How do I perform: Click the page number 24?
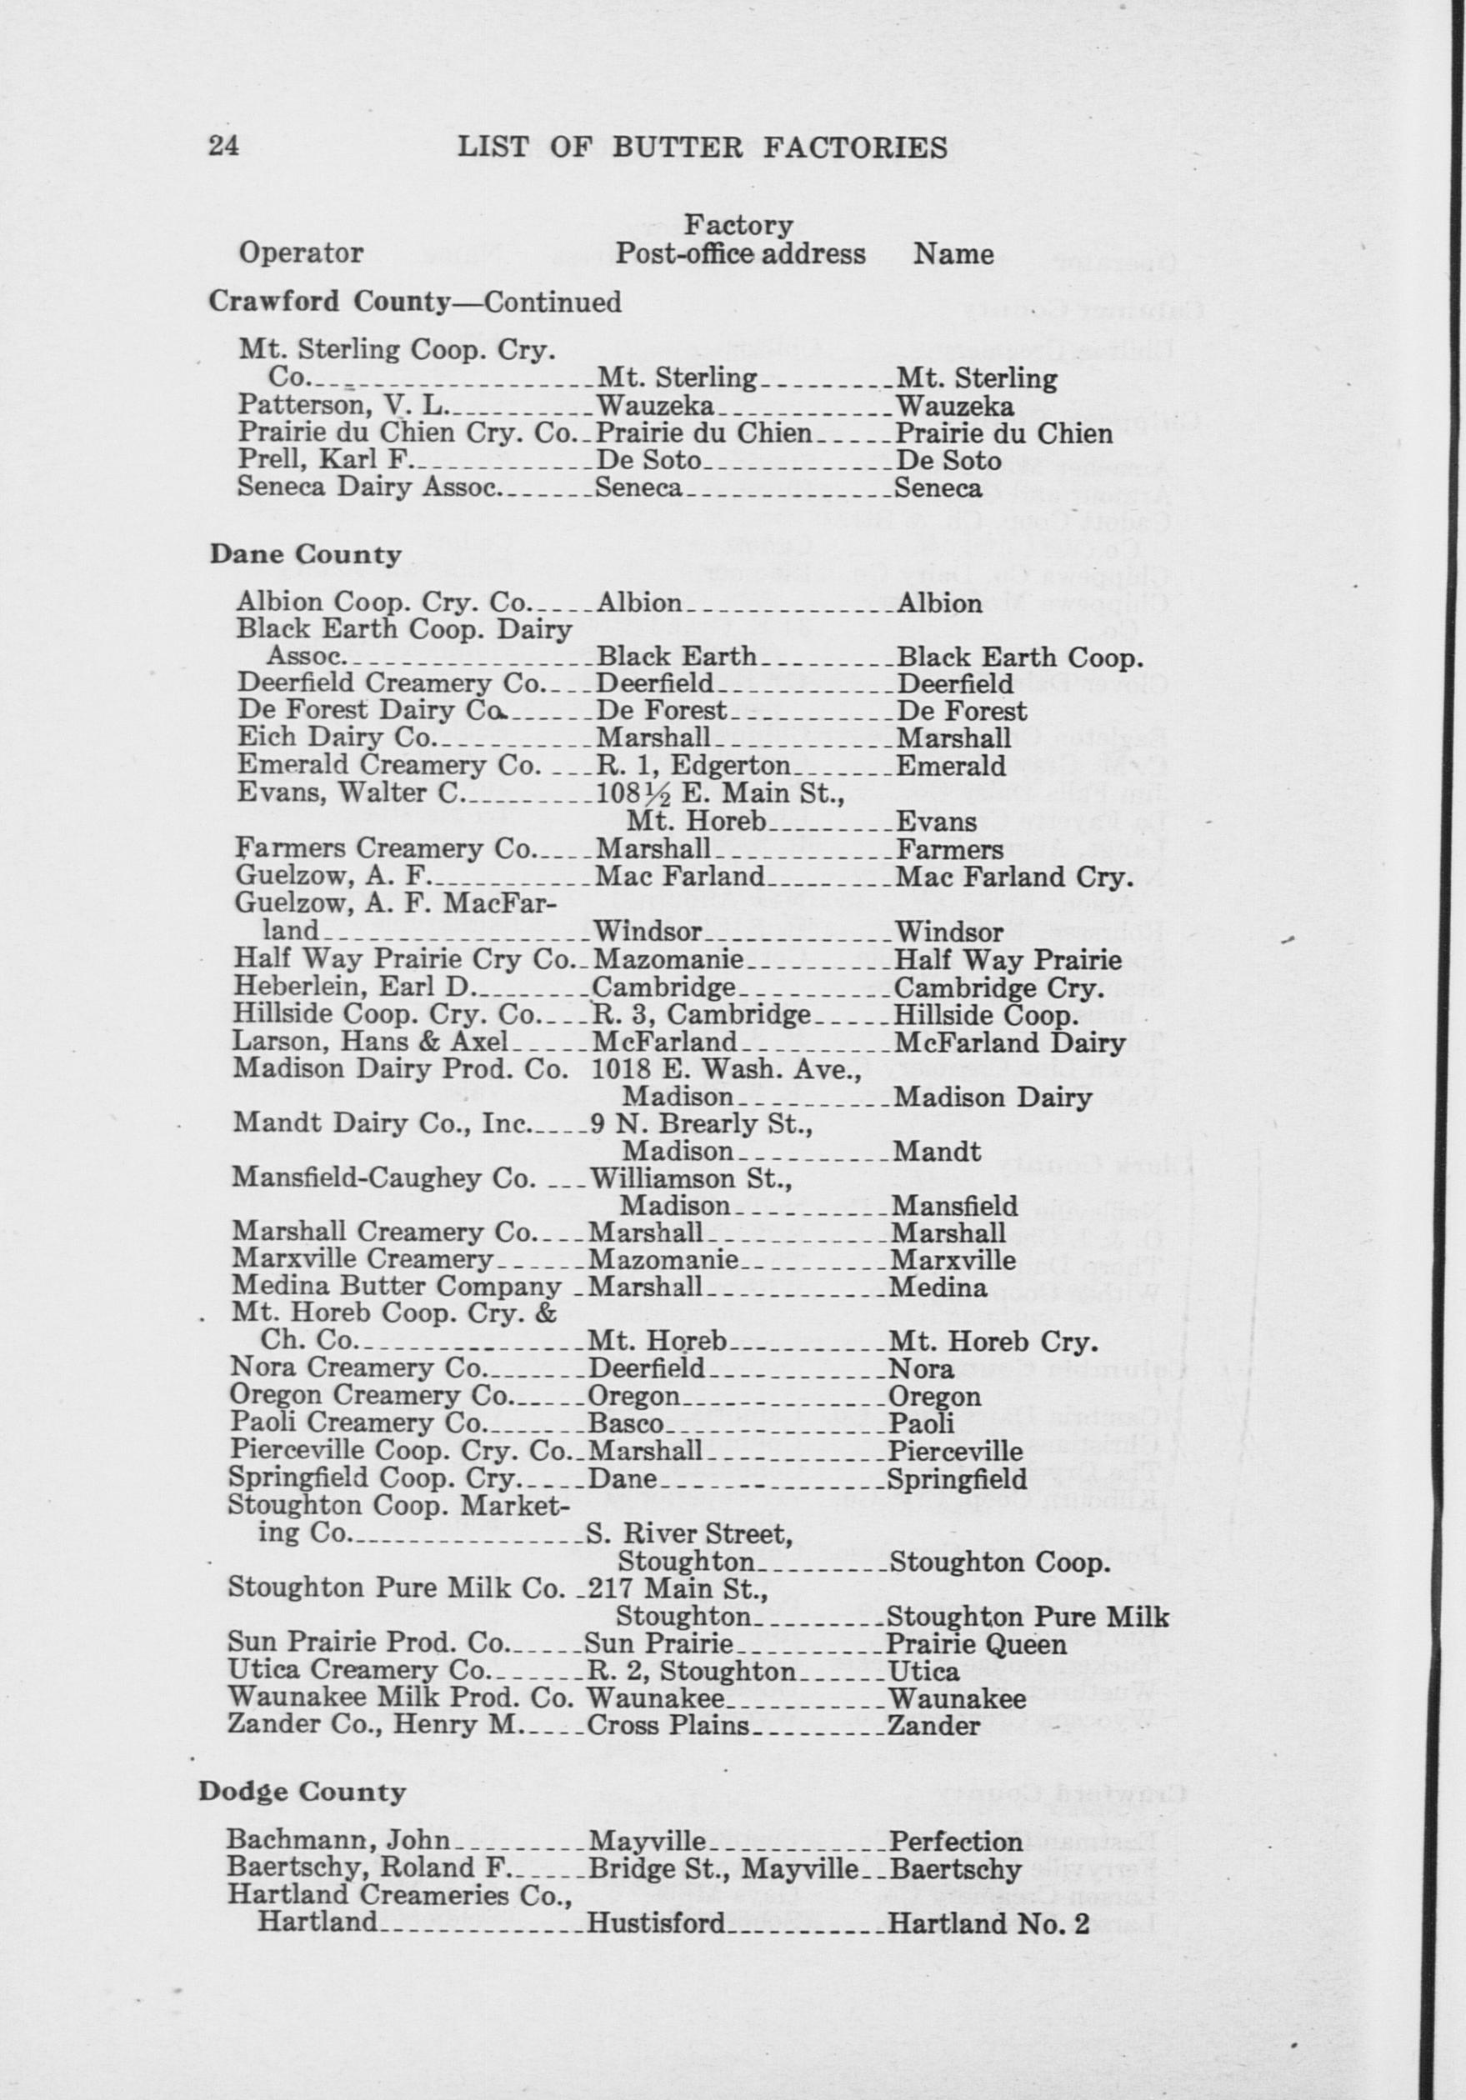point(224,146)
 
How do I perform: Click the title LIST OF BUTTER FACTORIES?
point(702,147)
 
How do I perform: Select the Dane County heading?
point(306,555)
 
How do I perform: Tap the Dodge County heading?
point(302,1791)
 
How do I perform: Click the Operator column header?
point(301,252)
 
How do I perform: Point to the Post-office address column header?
point(740,253)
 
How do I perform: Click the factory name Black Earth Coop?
point(1020,657)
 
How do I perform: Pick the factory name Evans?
point(937,822)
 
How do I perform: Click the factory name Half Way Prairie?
point(1008,960)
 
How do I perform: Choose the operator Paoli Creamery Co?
point(356,1423)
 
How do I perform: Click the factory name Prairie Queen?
point(977,1644)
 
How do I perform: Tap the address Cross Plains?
point(668,1726)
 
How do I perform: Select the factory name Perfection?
point(955,1840)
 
